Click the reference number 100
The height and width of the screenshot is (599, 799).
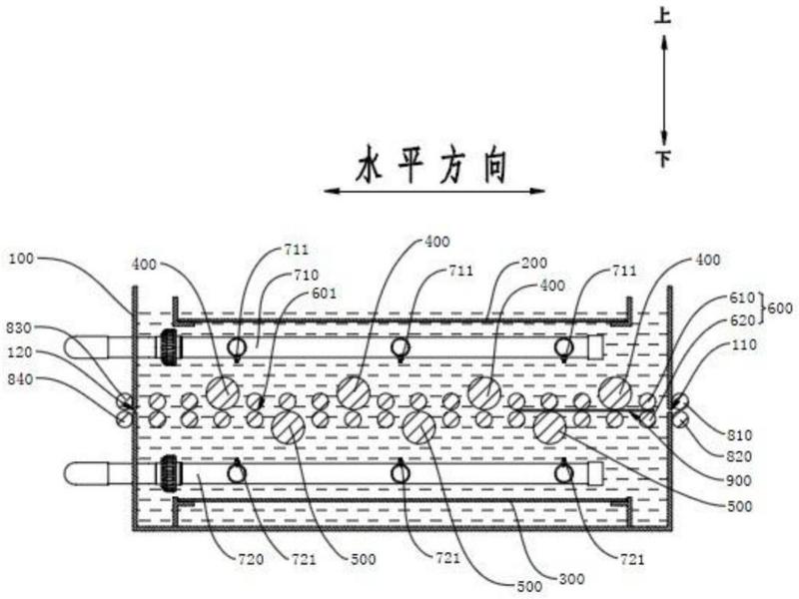pyautogui.click(x=21, y=259)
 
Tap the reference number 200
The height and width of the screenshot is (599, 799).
pyautogui.click(x=534, y=263)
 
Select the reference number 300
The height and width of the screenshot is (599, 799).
pyautogui.click(x=571, y=579)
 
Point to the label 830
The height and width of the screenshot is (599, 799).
pyautogui.click(x=19, y=328)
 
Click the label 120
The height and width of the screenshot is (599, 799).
pyautogui.click(x=20, y=352)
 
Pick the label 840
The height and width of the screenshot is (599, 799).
pyautogui.click(x=20, y=379)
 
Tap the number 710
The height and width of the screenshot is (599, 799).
pyautogui.click(x=306, y=276)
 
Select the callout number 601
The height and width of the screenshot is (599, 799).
pyautogui.click(x=324, y=294)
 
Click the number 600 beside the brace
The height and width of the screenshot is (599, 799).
pyautogui.click(x=780, y=308)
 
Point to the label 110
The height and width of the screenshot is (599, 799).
pyautogui.click(x=744, y=344)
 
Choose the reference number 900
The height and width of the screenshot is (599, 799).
pyautogui.click(x=739, y=480)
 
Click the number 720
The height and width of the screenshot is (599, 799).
pyautogui.click(x=251, y=559)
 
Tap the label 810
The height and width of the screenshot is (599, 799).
pyautogui.click(x=739, y=435)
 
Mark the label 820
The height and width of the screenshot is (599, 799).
pyautogui.click(x=739, y=456)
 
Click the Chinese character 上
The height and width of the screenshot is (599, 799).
pyautogui.click(x=663, y=16)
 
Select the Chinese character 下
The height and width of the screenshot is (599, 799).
pyautogui.click(x=663, y=159)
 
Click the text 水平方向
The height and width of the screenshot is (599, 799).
pyautogui.click(x=432, y=165)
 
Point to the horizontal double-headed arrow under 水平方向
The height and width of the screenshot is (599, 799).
pyautogui.click(x=434, y=192)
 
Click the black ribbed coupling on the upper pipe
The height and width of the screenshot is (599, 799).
pyautogui.click(x=168, y=346)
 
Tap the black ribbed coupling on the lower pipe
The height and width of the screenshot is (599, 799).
pyautogui.click(x=168, y=473)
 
